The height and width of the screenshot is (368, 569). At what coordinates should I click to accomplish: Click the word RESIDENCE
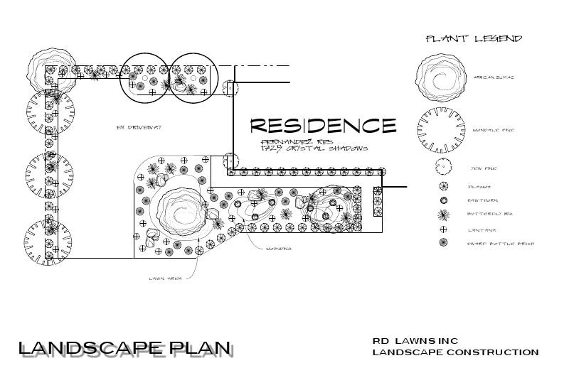click(323, 126)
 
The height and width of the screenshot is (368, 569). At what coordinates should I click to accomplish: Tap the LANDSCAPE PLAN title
click(125, 349)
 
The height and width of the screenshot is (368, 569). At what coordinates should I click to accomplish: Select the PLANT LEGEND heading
click(474, 38)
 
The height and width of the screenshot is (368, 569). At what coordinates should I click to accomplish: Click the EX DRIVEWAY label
click(141, 127)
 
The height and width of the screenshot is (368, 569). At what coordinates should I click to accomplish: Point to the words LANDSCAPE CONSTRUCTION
click(455, 352)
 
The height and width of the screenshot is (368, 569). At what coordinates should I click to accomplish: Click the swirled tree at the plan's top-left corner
click(50, 69)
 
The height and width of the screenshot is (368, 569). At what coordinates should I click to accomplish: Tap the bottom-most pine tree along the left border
click(50, 242)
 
